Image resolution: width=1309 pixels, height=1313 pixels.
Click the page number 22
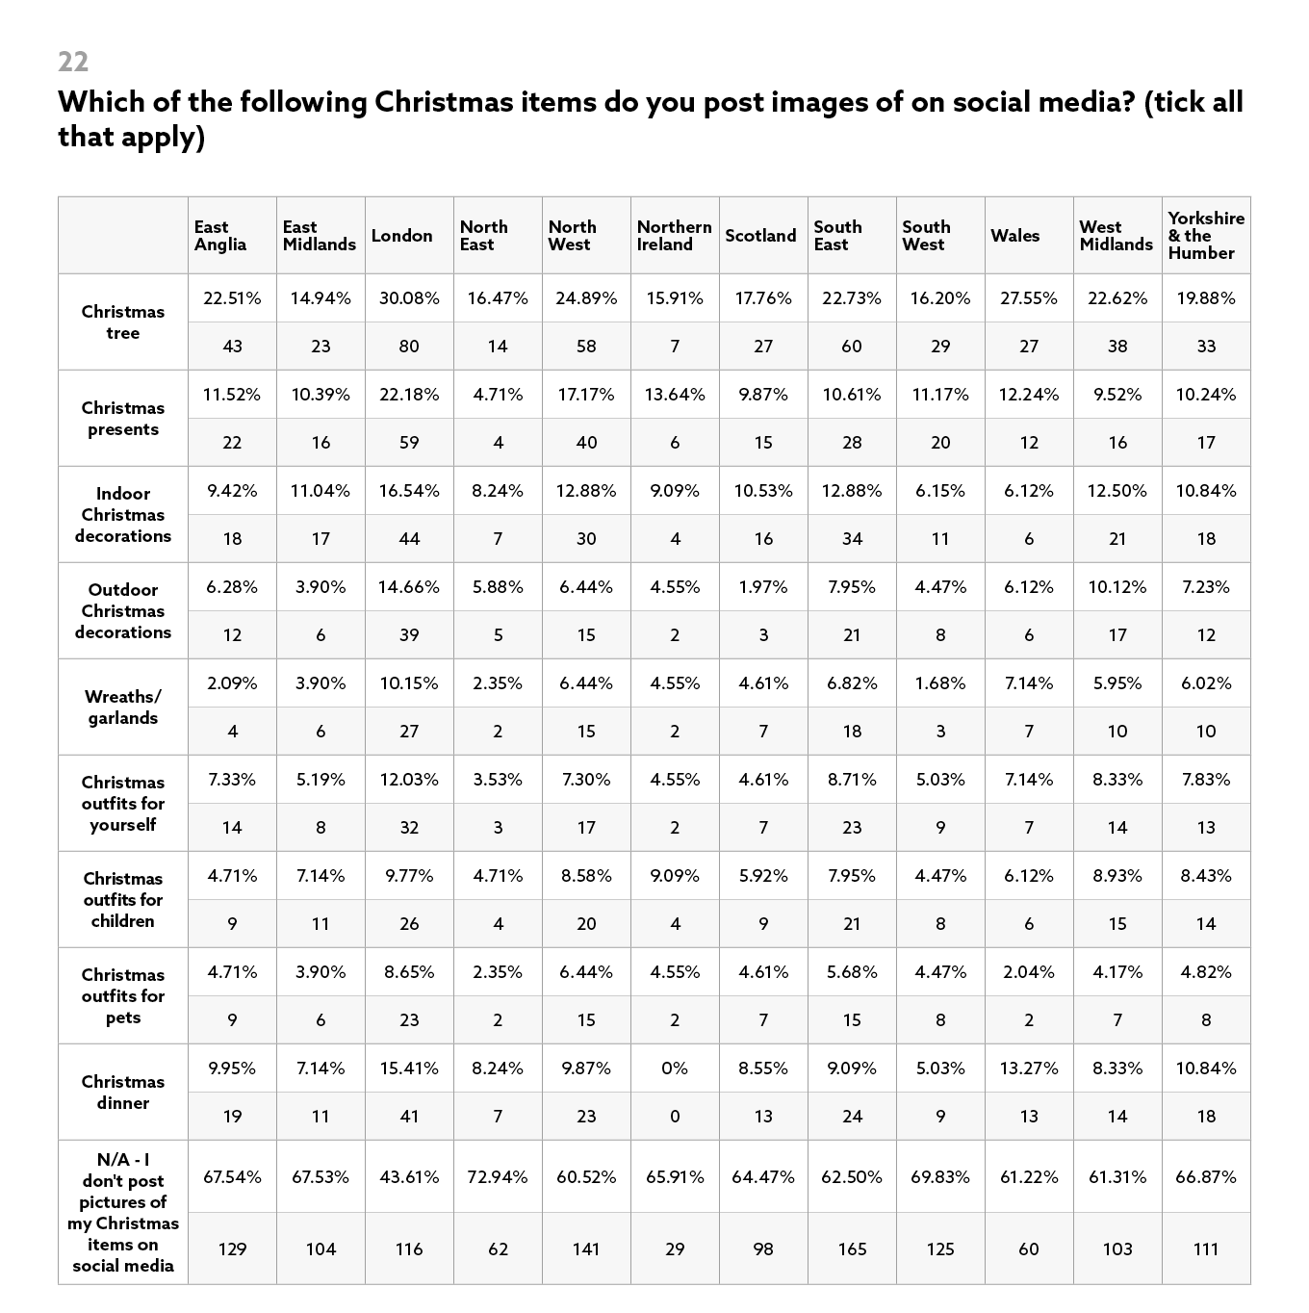[x=73, y=62]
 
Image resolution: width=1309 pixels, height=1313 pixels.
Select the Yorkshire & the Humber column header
[x=1205, y=236]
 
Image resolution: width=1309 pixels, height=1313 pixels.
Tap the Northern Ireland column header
[x=674, y=236]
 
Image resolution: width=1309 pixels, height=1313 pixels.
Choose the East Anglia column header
[x=220, y=236]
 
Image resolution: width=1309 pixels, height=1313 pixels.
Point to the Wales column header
[x=1014, y=236]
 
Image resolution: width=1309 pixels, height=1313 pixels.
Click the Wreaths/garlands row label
[x=123, y=708]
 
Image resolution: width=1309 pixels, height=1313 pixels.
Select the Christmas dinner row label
[x=123, y=1093]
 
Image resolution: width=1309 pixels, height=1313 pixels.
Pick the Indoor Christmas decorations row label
[x=123, y=515]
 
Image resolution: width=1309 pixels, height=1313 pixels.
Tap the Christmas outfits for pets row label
[x=123, y=996]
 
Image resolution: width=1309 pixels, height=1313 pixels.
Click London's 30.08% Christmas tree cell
[x=409, y=298]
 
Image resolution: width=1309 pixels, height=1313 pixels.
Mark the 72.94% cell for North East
[x=498, y=1177]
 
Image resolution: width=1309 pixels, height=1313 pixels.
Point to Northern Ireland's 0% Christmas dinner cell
[x=675, y=1068]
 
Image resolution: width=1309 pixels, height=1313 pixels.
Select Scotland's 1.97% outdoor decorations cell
[x=763, y=587]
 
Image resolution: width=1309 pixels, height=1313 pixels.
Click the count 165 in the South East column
[x=852, y=1249]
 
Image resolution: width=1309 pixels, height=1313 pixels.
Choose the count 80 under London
[x=409, y=347]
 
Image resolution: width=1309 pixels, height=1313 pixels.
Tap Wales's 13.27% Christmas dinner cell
[x=1029, y=1068]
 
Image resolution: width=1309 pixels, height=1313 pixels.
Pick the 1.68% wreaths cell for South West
[x=940, y=683]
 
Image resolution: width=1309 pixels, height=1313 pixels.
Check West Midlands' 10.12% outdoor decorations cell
[x=1117, y=587]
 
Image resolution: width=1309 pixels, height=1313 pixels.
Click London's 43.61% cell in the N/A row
[x=409, y=1177]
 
